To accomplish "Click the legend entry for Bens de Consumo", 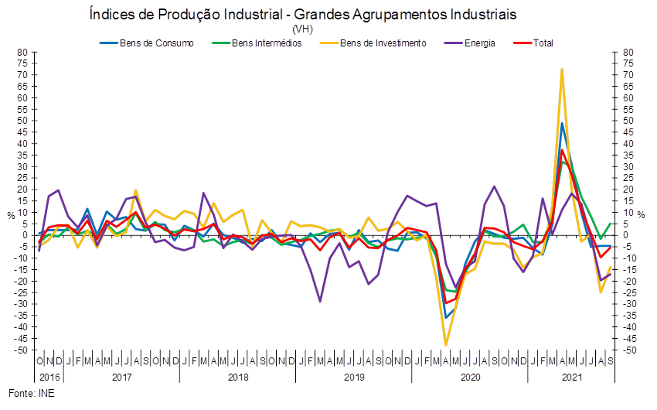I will (151, 43).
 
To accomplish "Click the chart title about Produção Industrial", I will (302, 15).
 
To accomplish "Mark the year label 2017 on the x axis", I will (122, 378).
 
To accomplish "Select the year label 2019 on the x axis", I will (354, 378).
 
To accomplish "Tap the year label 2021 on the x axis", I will (572, 378).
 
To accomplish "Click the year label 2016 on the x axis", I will (49, 378).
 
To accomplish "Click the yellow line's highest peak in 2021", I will (562, 70).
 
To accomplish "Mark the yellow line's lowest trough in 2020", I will (446, 344).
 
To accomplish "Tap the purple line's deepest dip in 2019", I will (319, 301).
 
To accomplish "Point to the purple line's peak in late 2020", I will (495, 186).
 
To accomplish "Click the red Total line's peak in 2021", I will (563, 151).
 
